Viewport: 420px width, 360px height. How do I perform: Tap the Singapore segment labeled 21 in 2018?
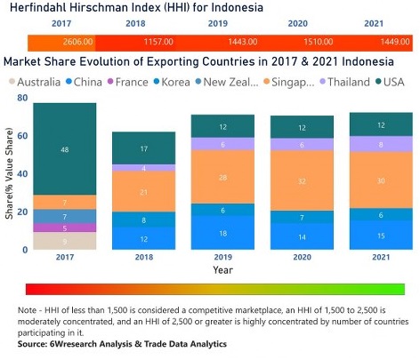tap(144, 193)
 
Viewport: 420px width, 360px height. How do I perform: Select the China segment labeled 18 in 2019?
tap(223, 233)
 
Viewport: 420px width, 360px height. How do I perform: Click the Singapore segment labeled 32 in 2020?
tap(302, 180)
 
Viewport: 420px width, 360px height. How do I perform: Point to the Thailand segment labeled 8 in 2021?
tap(380, 144)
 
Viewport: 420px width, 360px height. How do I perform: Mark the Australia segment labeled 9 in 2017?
tap(64, 241)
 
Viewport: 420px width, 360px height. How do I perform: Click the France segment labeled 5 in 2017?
tap(64, 228)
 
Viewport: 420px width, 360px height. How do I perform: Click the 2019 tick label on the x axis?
tap(223, 260)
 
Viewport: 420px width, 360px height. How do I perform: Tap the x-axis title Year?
tap(223, 270)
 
